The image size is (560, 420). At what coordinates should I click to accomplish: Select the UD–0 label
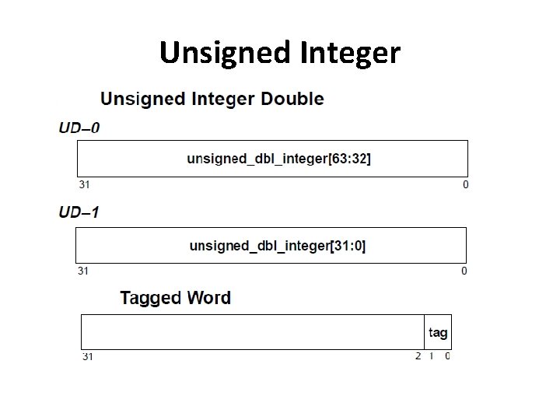pyautogui.click(x=79, y=128)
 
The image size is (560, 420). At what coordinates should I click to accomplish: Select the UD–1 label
pyautogui.click(x=79, y=212)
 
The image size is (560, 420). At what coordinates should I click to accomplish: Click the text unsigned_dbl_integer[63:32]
pyautogui.click(x=278, y=159)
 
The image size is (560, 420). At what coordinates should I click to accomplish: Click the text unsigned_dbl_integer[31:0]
pyautogui.click(x=278, y=246)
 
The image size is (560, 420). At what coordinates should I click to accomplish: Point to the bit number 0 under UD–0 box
pyautogui.click(x=466, y=185)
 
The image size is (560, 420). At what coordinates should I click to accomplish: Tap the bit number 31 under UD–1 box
pyautogui.click(x=82, y=271)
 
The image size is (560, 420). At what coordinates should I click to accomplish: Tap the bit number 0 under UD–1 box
pyautogui.click(x=464, y=271)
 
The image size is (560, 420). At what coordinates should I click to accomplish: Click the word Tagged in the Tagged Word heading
pyautogui.click(x=150, y=298)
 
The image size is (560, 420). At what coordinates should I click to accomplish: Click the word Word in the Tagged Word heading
pyautogui.click(x=208, y=298)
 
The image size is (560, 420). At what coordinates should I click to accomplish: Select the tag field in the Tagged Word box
pyautogui.click(x=438, y=333)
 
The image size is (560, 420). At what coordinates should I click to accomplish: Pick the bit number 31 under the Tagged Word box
pyautogui.click(x=88, y=357)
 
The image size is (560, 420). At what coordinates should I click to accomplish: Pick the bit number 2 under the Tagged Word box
pyautogui.click(x=418, y=356)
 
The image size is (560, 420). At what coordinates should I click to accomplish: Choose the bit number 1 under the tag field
pyautogui.click(x=432, y=356)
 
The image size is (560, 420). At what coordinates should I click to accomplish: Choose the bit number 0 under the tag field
pyautogui.click(x=447, y=356)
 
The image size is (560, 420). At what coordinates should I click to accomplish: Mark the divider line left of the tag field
pyautogui.click(x=425, y=332)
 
